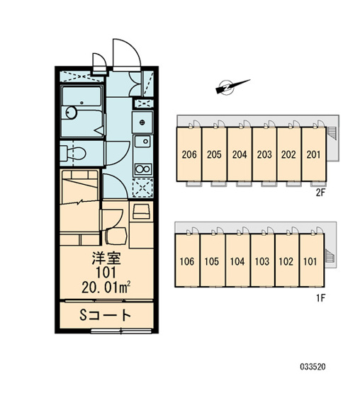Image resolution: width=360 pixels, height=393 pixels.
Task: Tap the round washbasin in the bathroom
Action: pos(71,113)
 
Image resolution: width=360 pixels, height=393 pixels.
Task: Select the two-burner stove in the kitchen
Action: pos(143,169)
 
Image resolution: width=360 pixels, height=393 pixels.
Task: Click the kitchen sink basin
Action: pos(142,142)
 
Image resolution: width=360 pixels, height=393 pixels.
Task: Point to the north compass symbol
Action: pos(231,87)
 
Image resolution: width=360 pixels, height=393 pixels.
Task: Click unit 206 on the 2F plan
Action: pos(189,154)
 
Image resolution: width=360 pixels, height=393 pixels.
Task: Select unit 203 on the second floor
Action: pos(264,154)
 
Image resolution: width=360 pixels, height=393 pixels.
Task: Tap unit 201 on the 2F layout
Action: pos(314,154)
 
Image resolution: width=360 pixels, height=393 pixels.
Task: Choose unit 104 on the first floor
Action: pos(237,261)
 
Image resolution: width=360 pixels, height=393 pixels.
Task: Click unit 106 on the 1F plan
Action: pos(187,261)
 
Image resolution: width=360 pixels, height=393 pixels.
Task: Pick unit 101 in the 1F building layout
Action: pos(311,261)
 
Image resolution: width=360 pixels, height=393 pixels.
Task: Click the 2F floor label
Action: pos(320,193)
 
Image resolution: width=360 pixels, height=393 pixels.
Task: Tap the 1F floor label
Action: pos(320,298)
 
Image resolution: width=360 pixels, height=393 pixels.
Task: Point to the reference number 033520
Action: pos(313,367)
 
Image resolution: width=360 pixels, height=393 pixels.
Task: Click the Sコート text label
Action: pos(106,315)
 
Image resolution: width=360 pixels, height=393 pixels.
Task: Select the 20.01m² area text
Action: pos(106,287)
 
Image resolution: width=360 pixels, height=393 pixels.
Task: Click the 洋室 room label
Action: pos(106,258)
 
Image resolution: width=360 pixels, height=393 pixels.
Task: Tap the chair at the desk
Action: pos(116,236)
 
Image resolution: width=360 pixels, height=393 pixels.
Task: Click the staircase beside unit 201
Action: pos(332,133)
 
